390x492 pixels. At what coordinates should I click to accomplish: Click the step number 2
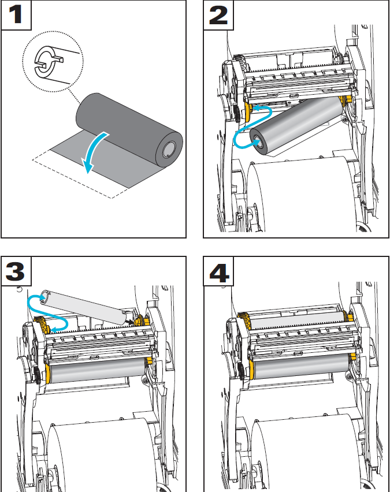click(218, 14)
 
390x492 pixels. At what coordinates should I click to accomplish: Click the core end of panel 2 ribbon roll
click(256, 140)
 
